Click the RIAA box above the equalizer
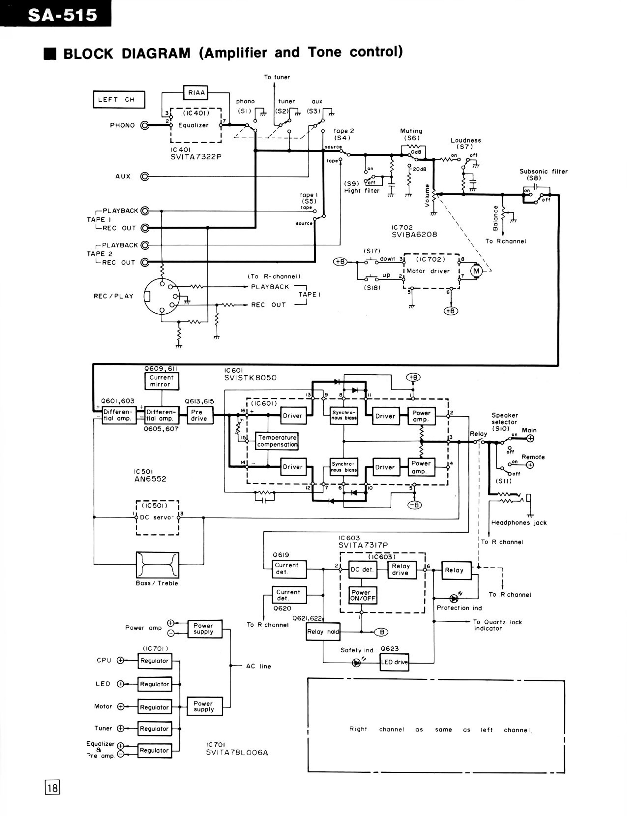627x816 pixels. (x=196, y=92)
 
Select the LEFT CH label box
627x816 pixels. (x=119, y=100)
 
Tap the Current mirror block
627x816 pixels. (x=162, y=381)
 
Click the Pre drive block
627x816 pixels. (x=199, y=415)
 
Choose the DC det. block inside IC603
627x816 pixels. (x=362, y=570)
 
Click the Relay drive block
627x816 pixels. (x=402, y=570)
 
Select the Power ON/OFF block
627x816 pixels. (x=362, y=595)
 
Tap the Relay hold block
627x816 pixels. (x=323, y=632)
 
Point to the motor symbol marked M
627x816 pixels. (x=476, y=271)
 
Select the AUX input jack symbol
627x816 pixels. (x=144, y=176)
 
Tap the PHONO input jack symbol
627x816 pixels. (x=144, y=125)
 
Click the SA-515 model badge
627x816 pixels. (x=56, y=14)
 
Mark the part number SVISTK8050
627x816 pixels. (x=250, y=378)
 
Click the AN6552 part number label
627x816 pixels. (x=150, y=479)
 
